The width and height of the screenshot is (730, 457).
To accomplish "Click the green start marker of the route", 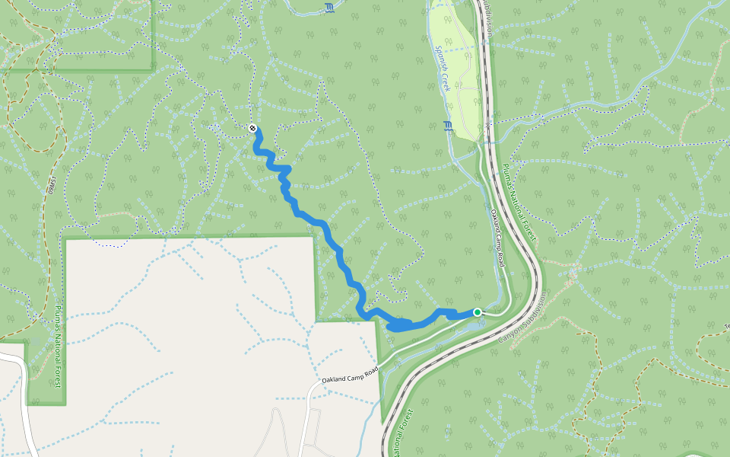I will click(x=478, y=312).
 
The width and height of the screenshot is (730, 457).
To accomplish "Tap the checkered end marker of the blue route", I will click(x=252, y=128).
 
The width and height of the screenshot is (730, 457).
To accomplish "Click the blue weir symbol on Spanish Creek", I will click(x=446, y=126).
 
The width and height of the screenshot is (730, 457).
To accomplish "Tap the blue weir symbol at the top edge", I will click(x=328, y=8).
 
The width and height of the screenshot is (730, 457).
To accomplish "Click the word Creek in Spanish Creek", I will click(x=446, y=81).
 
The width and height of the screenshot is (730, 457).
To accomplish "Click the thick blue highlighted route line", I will click(x=327, y=228).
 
